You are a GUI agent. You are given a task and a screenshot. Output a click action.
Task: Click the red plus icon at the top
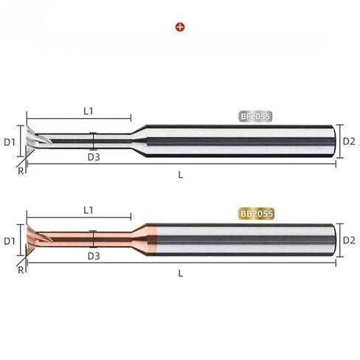click(x=180, y=27)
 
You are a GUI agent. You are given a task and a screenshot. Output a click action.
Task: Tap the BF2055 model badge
click(x=255, y=117)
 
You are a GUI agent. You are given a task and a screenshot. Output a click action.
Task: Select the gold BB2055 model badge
click(x=256, y=214)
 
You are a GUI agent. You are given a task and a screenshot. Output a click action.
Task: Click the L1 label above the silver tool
click(x=89, y=111)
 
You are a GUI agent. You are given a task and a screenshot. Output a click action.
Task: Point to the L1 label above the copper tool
click(x=89, y=210)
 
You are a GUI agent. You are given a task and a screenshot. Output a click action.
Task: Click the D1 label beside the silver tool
click(x=10, y=142)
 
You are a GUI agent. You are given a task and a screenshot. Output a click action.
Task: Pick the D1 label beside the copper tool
click(x=10, y=241)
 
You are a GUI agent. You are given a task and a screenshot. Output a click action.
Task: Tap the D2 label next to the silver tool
click(x=349, y=141)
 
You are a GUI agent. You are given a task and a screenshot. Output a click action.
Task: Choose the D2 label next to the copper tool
click(x=349, y=240)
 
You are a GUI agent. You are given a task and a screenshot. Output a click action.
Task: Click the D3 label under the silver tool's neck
click(x=94, y=157)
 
